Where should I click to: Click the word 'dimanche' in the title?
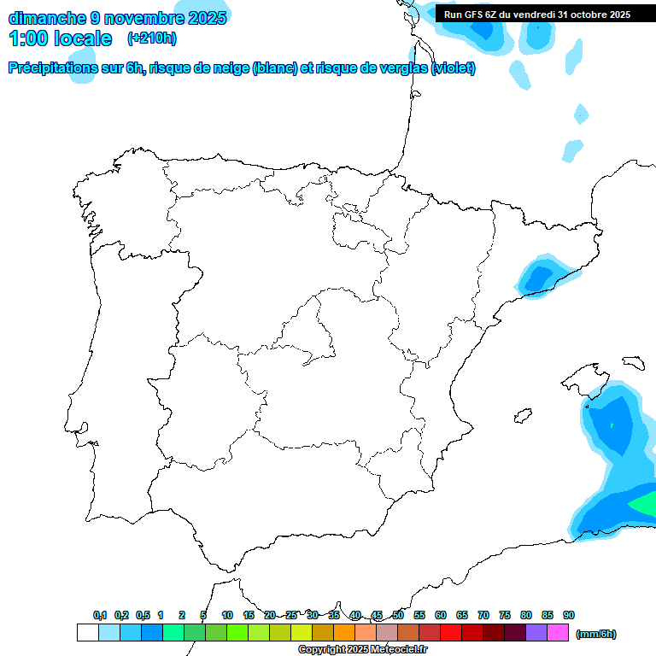click(46, 17)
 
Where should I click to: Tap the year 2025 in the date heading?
click(202, 17)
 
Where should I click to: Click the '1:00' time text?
click(29, 38)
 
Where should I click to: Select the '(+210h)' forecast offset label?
click(151, 38)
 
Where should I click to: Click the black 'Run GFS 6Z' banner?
click(536, 14)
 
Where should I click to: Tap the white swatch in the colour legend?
click(87, 633)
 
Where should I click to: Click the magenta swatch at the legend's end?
click(558, 633)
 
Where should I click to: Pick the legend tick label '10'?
click(226, 615)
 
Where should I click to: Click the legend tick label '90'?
click(569, 615)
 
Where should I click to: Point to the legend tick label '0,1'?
click(100, 615)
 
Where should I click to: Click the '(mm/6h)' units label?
click(595, 634)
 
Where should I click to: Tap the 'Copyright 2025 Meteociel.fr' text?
click(362, 649)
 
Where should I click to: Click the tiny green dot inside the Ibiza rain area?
click(612, 425)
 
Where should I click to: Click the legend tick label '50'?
click(398, 615)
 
